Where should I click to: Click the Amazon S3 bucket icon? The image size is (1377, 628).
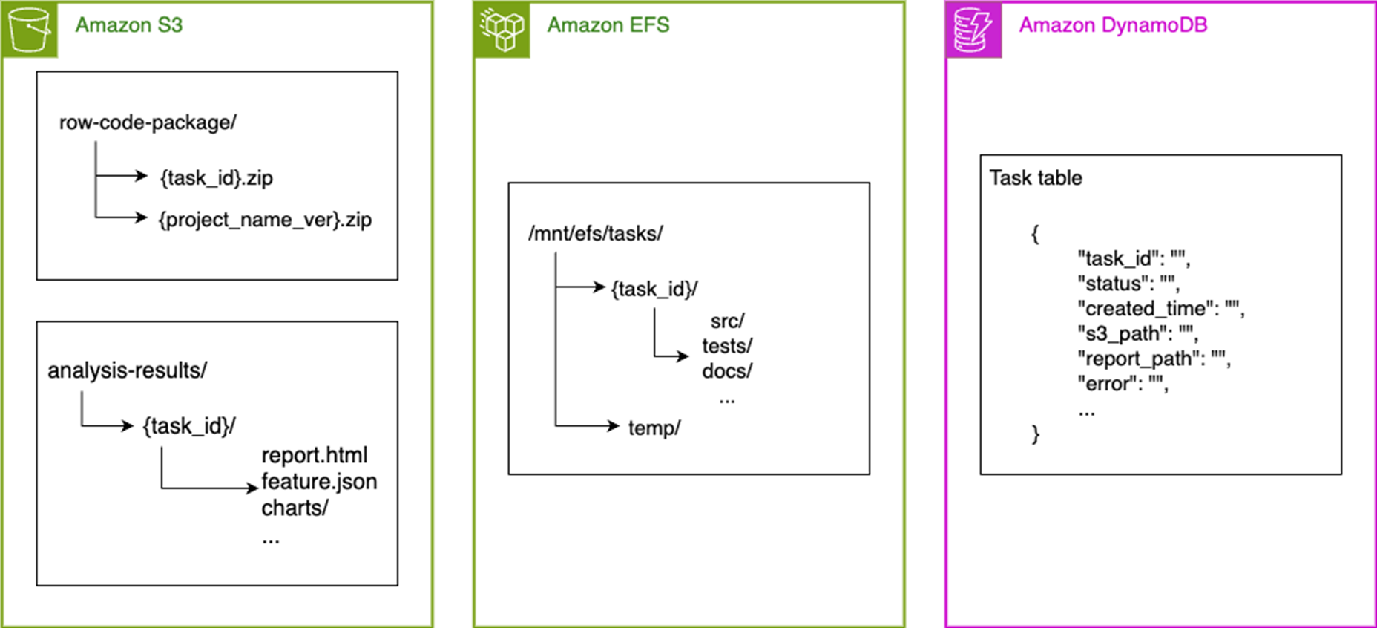click(x=30, y=30)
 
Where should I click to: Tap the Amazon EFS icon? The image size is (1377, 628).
click(x=502, y=30)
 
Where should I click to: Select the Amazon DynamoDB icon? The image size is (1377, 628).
click(x=973, y=30)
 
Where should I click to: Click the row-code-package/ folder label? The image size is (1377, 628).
click(x=148, y=122)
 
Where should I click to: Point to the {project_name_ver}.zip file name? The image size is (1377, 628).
click(x=265, y=220)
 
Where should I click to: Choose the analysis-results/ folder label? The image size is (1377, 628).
click(x=127, y=370)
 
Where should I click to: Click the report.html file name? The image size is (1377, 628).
click(x=314, y=455)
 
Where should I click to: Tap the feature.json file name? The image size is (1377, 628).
click(x=319, y=482)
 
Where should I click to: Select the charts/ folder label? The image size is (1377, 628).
click(x=295, y=508)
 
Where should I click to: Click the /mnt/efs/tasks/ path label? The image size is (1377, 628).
click(x=595, y=234)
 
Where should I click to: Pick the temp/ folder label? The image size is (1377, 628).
click(x=654, y=428)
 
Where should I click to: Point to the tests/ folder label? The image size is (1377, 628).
click(x=727, y=346)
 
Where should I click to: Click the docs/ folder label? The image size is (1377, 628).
click(x=727, y=371)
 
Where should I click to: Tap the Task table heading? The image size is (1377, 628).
click(x=1036, y=178)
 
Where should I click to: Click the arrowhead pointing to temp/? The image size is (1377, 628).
click(x=614, y=425)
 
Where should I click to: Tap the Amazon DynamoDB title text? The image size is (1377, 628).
click(x=1113, y=25)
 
